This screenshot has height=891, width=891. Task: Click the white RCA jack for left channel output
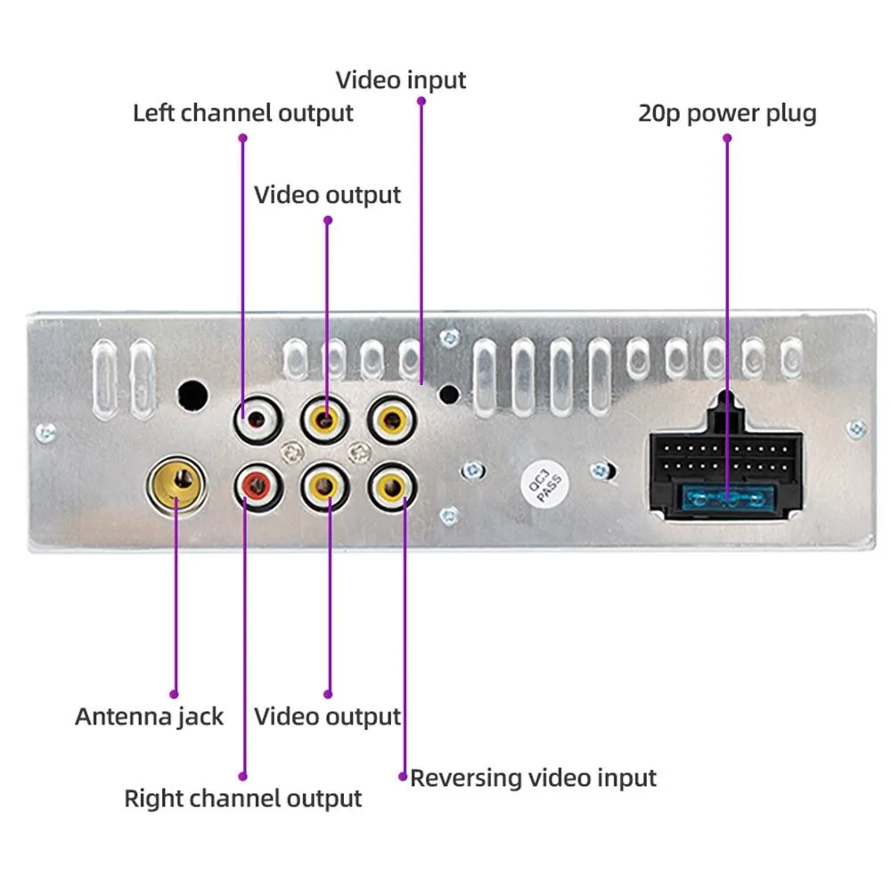257,416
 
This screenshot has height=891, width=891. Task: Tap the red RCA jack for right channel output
257,486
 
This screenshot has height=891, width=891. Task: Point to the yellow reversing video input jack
392,486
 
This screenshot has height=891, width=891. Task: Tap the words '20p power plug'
726,114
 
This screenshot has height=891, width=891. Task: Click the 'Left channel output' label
242,113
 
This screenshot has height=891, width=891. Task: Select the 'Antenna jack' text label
149,716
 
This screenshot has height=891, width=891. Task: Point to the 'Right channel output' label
242,798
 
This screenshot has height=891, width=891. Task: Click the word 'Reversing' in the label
465,778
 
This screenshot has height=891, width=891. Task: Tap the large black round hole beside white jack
192,394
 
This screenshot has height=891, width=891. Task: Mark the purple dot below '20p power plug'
727,138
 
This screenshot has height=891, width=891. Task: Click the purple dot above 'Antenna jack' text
175,693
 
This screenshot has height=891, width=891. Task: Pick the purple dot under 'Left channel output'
242,137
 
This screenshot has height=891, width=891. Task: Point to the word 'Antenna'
116,716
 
